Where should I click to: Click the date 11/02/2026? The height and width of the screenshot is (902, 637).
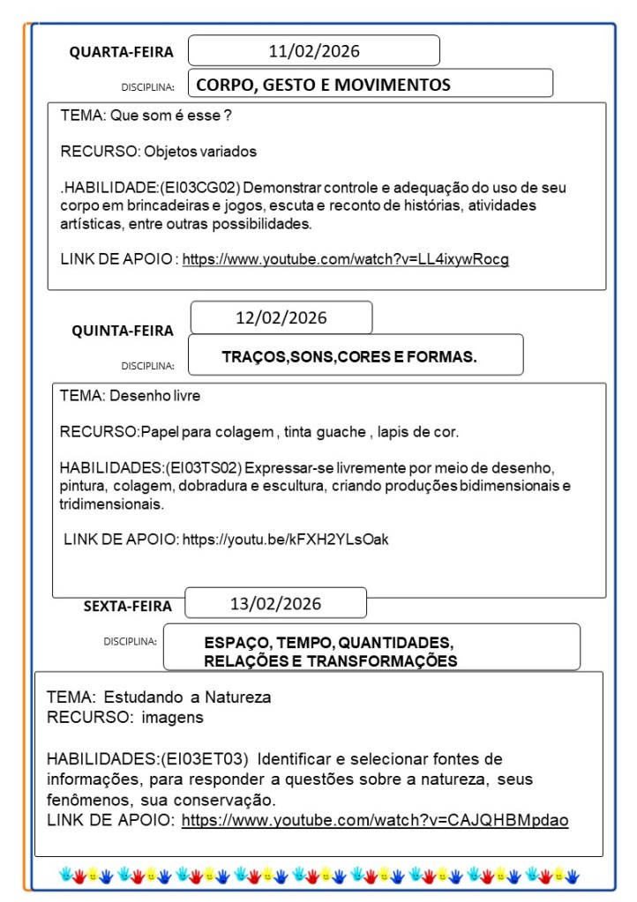[314, 51]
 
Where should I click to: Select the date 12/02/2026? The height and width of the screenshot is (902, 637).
[281, 317]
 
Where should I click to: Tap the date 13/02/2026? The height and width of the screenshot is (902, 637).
[275, 604]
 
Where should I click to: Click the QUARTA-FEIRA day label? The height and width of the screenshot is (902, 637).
[122, 52]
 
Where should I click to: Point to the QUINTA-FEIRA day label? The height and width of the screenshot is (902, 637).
[123, 331]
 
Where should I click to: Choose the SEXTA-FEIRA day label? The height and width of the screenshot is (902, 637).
[128, 606]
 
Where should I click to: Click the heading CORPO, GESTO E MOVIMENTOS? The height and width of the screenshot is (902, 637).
[323, 85]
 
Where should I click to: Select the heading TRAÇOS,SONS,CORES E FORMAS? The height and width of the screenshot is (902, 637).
[349, 357]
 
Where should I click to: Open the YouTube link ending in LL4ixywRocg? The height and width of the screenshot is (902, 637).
[345, 259]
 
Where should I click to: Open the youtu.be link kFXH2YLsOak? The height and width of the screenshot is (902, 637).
[285, 540]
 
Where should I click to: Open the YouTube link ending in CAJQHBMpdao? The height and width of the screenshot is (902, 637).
[375, 820]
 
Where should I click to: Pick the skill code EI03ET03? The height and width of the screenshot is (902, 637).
[207, 759]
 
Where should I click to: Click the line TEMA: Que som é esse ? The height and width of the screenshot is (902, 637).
[146, 116]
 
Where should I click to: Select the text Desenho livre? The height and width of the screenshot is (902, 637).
[154, 396]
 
